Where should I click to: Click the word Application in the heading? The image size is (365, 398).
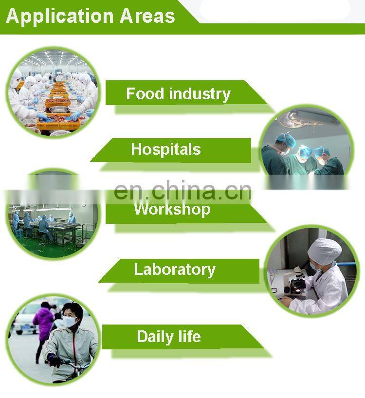[60, 17]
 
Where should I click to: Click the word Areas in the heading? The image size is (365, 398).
[147, 16]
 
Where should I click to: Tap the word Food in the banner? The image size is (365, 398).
[145, 93]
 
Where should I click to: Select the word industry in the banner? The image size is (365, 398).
[200, 94]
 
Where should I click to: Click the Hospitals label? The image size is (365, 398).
[166, 149]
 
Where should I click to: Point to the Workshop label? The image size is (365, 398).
[172, 209]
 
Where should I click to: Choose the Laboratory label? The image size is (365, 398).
[175, 270]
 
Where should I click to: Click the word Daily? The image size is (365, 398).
[155, 337]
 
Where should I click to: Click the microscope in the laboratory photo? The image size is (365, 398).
[296, 281]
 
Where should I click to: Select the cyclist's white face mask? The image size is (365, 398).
[70, 322]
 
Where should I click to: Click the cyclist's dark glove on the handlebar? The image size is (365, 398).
[54, 361]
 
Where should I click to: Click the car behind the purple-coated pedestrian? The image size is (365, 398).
[25, 320]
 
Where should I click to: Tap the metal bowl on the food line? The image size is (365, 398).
[59, 109]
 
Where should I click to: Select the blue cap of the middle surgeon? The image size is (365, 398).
[305, 151]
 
